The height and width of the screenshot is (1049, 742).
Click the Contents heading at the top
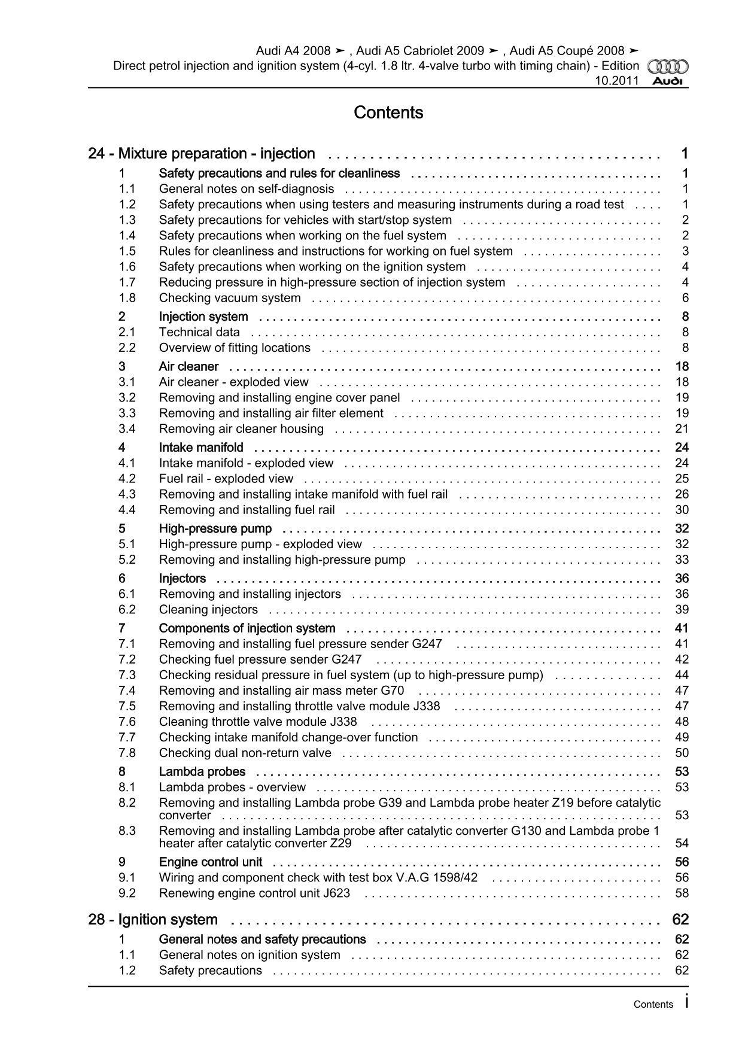(x=388, y=112)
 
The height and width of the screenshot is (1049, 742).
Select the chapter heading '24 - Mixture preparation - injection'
(x=202, y=154)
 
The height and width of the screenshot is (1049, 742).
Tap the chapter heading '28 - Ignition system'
(x=153, y=919)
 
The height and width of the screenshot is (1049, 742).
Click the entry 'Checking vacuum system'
(x=230, y=298)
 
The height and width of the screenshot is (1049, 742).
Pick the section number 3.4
(x=127, y=428)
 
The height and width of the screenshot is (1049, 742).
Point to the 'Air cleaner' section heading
(x=188, y=366)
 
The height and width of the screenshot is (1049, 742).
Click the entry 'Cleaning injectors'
(x=208, y=609)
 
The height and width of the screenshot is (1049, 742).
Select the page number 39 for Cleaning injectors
(x=682, y=609)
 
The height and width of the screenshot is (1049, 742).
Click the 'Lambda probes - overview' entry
(x=232, y=787)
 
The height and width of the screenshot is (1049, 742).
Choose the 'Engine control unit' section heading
(x=211, y=862)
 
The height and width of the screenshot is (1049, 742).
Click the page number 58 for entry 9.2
(x=682, y=893)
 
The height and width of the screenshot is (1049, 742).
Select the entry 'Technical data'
(x=199, y=332)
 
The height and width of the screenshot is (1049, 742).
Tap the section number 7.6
(x=127, y=722)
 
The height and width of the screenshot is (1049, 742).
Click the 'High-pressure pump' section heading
(x=215, y=528)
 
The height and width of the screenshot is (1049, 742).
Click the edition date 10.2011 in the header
(x=616, y=81)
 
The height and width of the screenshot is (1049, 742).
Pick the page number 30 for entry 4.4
(x=682, y=510)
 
